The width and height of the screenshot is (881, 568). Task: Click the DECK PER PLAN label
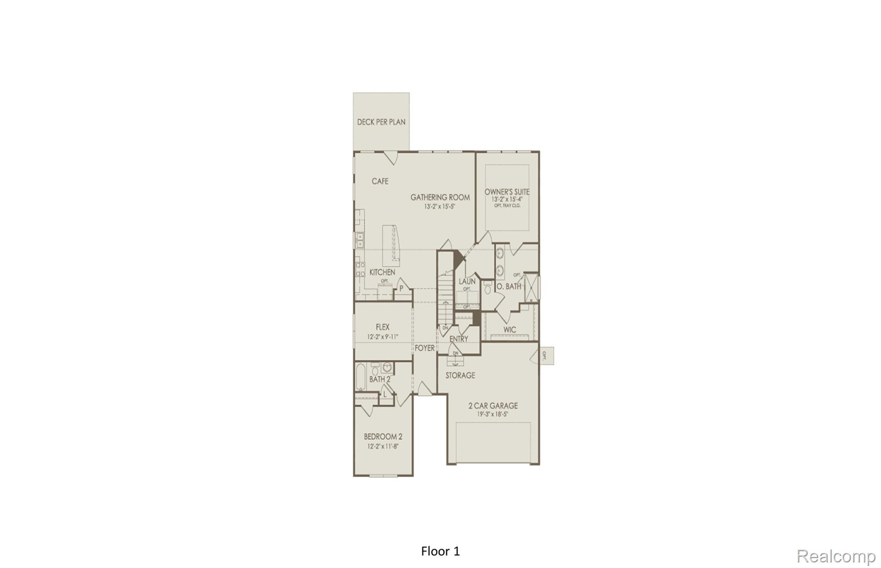(381, 122)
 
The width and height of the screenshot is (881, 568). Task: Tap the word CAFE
(380, 181)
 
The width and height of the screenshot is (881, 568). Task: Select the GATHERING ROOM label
(440, 197)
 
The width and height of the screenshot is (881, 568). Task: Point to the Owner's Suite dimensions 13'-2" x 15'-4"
(507, 200)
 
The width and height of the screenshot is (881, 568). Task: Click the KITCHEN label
(382, 272)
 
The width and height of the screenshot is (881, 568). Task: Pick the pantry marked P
(401, 288)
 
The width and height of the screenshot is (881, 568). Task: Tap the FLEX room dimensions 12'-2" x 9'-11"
(382, 337)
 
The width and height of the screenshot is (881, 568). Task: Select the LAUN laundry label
(467, 281)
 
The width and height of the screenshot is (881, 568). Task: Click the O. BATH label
(509, 286)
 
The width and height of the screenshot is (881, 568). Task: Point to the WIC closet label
(510, 330)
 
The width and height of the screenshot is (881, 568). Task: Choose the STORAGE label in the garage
(460, 375)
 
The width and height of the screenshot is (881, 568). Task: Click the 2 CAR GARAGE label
(493, 405)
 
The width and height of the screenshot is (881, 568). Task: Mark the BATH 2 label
(380, 379)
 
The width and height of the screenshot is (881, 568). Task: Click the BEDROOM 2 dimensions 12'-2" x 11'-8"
(382, 446)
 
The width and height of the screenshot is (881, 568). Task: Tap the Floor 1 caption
(440, 551)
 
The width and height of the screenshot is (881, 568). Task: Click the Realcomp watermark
(836, 556)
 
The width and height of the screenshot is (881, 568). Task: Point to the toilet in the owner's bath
(487, 289)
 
